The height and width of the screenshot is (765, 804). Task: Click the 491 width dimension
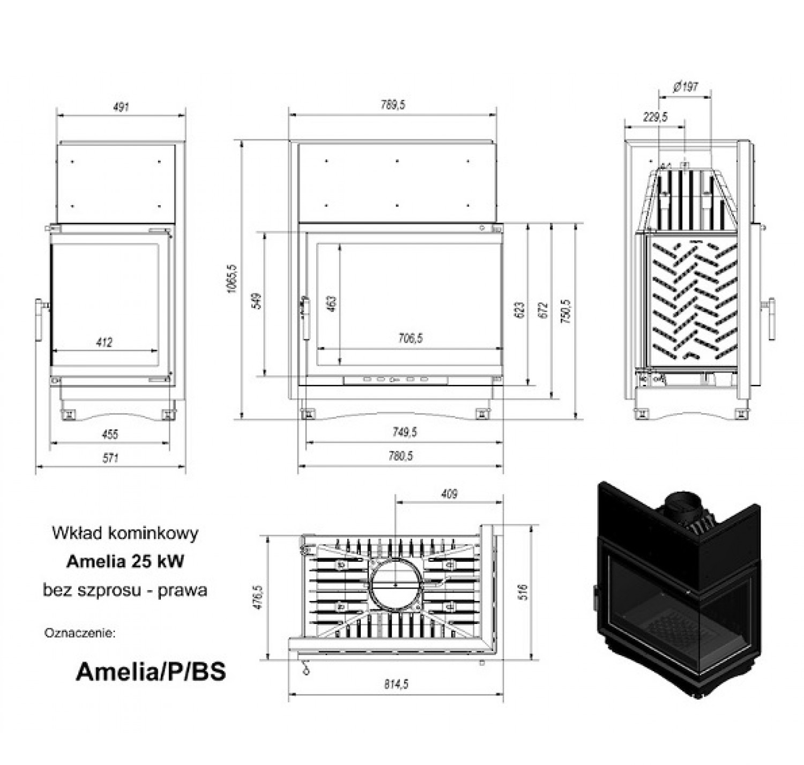coord(121,107)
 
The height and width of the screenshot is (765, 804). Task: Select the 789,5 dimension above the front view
coord(392,105)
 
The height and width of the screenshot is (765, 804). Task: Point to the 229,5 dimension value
coord(655,117)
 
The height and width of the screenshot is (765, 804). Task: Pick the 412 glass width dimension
coord(105,342)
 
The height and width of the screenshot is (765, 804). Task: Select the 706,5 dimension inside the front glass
coord(411,338)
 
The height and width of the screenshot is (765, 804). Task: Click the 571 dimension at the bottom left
coord(110,458)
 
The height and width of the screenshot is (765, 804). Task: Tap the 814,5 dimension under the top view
coord(396,684)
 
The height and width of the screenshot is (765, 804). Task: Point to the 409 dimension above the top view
coord(449,494)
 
